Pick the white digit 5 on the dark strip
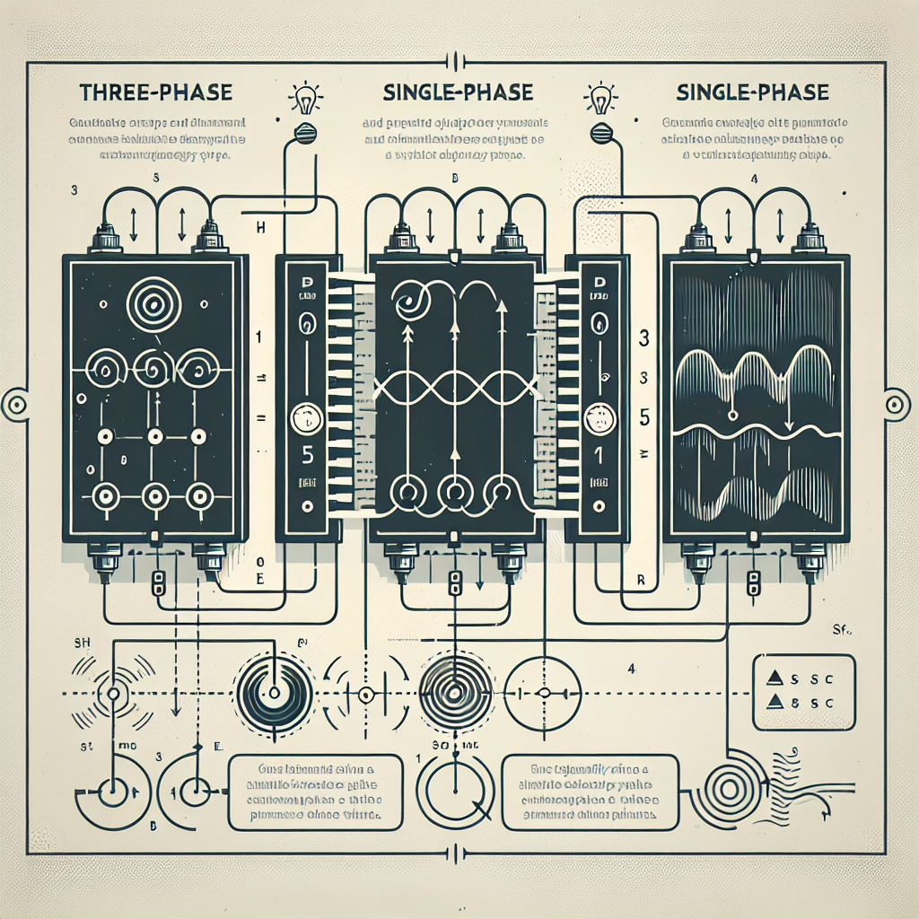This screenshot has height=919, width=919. [x=307, y=455]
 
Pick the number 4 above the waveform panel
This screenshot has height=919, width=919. [x=755, y=179]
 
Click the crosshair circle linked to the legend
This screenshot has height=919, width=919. [x=544, y=694]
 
